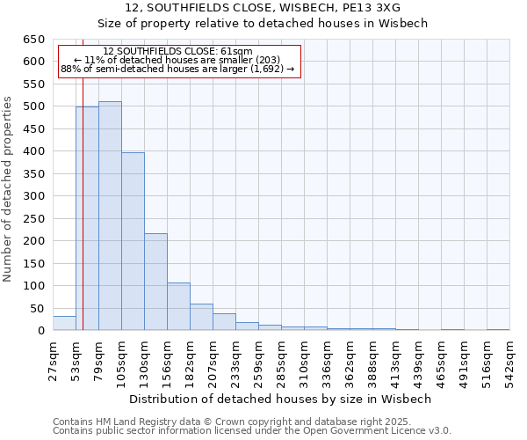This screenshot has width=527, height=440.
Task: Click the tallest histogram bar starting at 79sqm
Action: click(110, 216)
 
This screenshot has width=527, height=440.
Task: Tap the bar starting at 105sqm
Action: click(133, 241)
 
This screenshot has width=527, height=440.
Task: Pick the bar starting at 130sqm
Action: click(155, 282)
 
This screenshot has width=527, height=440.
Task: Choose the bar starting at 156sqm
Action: click(178, 306)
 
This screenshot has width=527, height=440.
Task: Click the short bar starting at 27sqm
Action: click(64, 323)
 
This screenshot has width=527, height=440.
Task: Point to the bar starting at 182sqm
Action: click(201, 317)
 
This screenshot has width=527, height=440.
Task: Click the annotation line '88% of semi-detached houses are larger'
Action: click(177, 69)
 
